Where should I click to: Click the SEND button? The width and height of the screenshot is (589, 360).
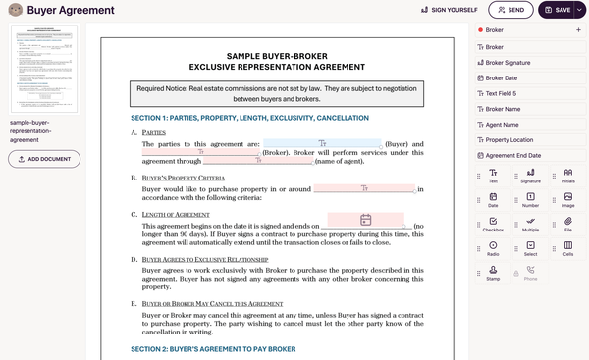tap(510, 10)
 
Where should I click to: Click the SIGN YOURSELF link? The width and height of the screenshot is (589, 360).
tap(449, 10)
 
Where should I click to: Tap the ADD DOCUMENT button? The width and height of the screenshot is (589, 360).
tap(44, 159)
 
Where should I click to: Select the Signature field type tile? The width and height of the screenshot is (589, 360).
tap(530, 176)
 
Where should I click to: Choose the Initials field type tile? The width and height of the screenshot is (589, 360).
tap(567, 176)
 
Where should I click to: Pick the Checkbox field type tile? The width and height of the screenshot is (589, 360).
tap(493, 225)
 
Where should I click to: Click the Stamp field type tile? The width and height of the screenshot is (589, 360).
tap(493, 272)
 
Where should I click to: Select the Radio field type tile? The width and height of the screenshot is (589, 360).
tap(493, 248)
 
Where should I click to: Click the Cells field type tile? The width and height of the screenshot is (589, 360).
tap(567, 248)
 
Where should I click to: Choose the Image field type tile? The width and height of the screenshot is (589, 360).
tap(567, 200)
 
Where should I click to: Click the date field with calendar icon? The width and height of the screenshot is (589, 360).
tap(364, 220)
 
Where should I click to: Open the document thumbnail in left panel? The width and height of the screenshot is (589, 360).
tap(43, 69)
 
